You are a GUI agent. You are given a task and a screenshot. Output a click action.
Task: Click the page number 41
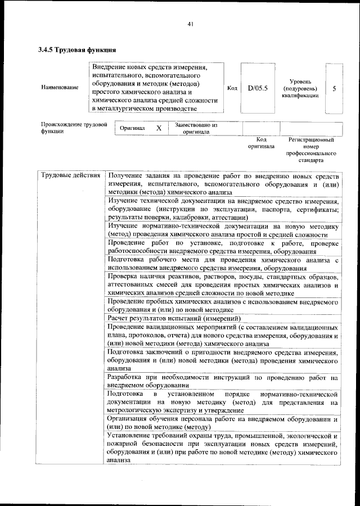(191, 24)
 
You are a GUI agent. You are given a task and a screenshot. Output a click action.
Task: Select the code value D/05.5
(258, 88)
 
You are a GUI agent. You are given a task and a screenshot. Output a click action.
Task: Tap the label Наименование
(60, 88)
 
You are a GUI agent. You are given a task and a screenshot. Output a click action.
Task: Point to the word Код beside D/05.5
(232, 88)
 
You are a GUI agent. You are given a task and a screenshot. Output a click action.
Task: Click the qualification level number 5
(335, 89)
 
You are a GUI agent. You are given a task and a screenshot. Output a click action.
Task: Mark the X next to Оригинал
(159, 128)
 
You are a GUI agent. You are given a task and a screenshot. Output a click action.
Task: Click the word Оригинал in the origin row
(133, 128)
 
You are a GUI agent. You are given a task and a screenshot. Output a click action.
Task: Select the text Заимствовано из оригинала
(196, 128)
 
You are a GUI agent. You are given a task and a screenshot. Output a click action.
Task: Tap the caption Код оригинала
(261, 142)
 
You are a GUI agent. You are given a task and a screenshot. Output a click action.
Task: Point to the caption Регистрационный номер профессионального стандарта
(311, 149)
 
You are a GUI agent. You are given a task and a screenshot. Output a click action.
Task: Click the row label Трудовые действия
(71, 176)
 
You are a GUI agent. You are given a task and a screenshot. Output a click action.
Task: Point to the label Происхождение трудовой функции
(74, 128)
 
